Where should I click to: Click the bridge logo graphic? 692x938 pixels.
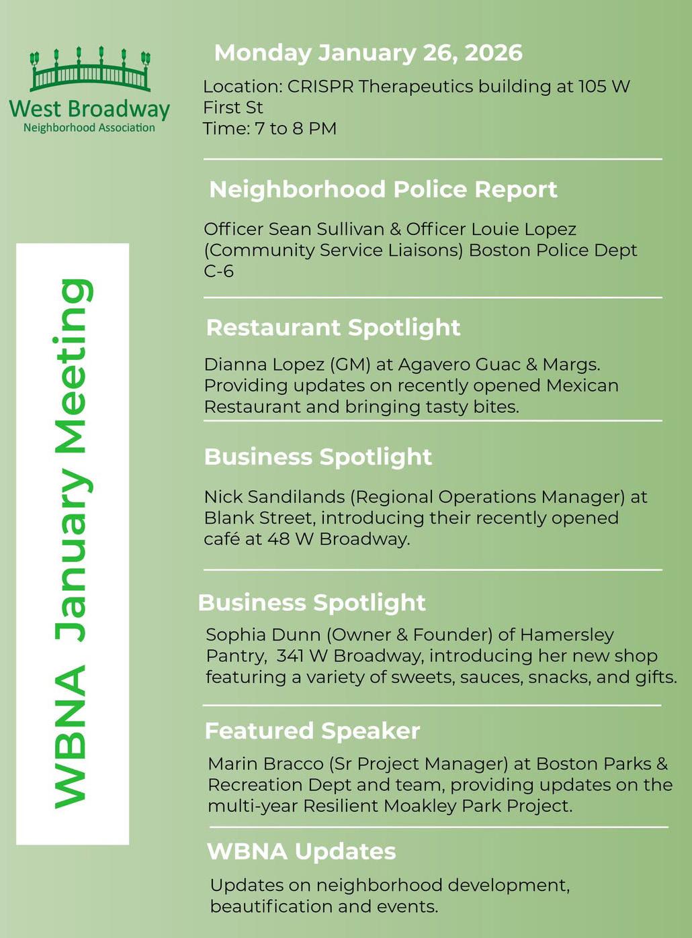click(x=89, y=70)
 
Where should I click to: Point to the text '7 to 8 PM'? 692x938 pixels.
click(x=296, y=128)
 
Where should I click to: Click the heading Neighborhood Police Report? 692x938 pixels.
click(x=383, y=189)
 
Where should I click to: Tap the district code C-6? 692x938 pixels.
click(x=218, y=271)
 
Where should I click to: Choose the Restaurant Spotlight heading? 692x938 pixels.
click(x=333, y=328)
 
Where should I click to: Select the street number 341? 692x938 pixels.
click(x=291, y=656)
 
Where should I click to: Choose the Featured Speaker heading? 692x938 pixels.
click(x=312, y=731)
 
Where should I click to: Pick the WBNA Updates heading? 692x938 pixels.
click(x=302, y=851)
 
